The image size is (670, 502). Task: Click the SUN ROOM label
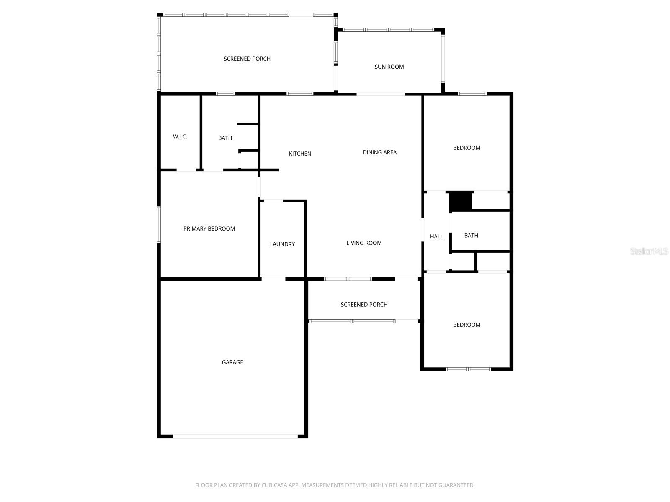389,67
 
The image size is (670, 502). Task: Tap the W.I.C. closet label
180,137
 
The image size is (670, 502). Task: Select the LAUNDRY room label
282,244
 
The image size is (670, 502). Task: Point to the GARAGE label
232,362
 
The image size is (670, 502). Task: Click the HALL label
436,237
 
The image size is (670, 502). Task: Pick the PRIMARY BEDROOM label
209,229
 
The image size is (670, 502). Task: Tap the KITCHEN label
300,154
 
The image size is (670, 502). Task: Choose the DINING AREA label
379,152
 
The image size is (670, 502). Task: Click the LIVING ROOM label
364,243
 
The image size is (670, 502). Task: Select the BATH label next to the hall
471,236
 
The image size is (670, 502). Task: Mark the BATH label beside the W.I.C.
225,138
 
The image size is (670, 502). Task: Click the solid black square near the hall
460,201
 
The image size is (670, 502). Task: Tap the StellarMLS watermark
649,251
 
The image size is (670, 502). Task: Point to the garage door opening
235,436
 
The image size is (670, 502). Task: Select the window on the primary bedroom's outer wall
159,225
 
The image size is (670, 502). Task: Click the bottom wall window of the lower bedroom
468,369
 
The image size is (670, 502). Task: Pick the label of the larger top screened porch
247,59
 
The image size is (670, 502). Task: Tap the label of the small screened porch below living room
364,305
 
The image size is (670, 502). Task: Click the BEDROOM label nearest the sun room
466,148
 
